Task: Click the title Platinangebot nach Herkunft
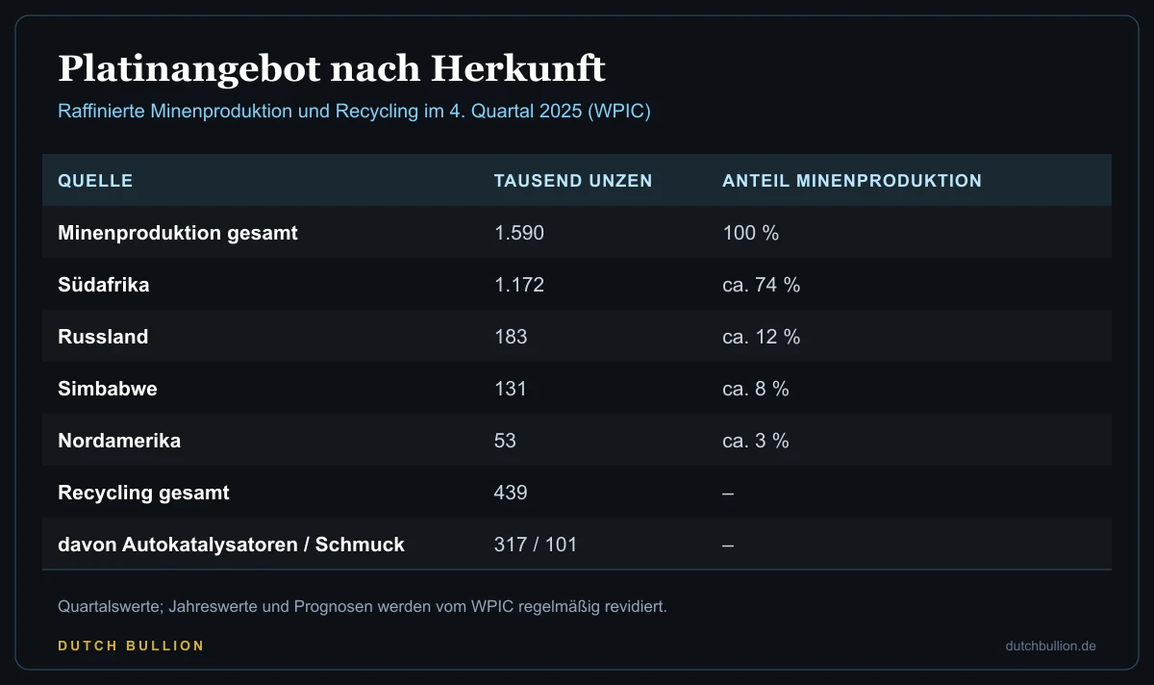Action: [x=331, y=69]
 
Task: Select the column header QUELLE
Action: [x=95, y=181]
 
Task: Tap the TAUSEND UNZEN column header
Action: [x=573, y=181]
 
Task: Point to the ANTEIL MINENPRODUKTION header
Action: [x=852, y=181]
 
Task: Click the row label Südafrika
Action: [x=104, y=285]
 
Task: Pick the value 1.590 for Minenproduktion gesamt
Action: [x=518, y=233]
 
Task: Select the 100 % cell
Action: [x=751, y=233]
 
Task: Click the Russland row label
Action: [x=103, y=337]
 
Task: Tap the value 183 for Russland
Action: [x=511, y=337]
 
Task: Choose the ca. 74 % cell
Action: [x=762, y=285]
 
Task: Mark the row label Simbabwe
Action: [x=108, y=389]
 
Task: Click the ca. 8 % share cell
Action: [x=756, y=389]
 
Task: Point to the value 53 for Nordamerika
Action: [x=505, y=441]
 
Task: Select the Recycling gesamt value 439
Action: [x=511, y=493]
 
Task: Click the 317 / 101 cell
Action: [x=536, y=545]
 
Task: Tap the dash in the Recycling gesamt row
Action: [x=728, y=494]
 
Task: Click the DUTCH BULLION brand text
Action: [x=131, y=646]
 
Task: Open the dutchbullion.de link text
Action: [x=1050, y=646]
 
